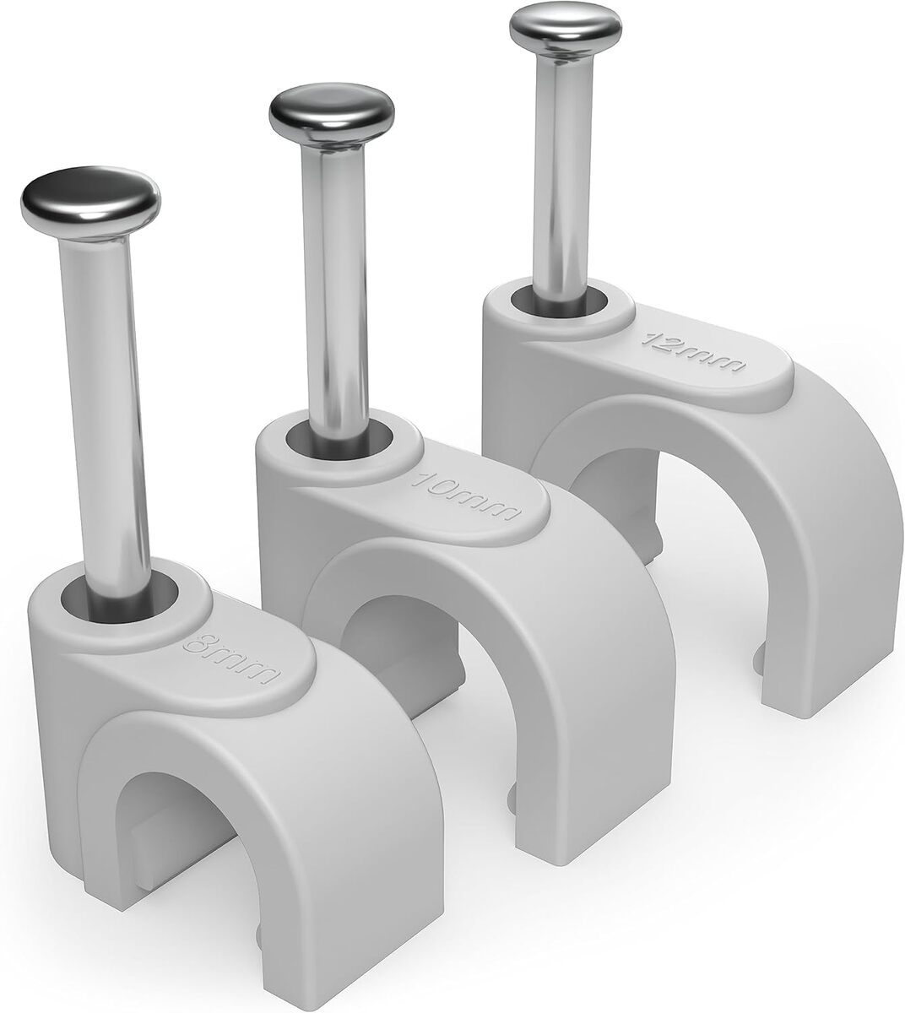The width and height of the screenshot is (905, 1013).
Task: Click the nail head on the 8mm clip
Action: click(90, 200)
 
